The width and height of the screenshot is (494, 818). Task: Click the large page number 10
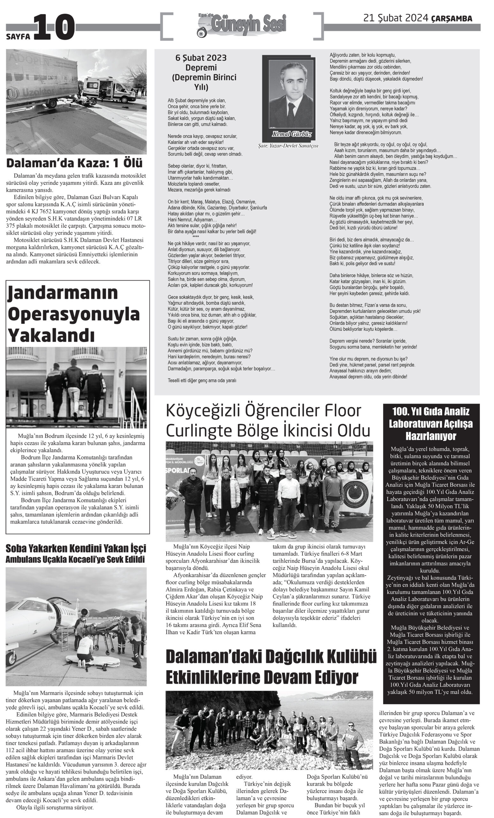54,27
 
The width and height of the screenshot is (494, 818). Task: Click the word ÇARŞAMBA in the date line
452,19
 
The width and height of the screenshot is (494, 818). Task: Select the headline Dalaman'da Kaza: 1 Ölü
74,163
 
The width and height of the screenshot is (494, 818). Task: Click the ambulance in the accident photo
109,89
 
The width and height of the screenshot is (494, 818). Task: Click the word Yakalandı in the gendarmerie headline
51,335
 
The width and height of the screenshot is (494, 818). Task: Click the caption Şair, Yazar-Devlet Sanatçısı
288,146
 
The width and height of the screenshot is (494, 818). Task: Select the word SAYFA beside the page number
18,36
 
